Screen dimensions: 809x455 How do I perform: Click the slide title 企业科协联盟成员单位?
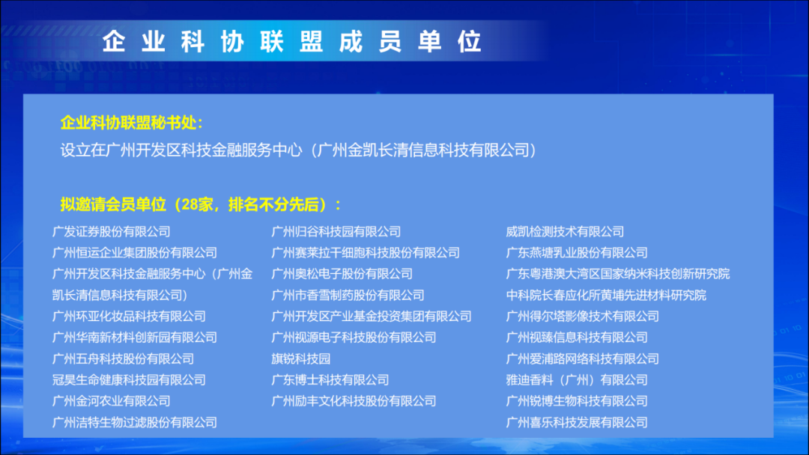tap(292, 41)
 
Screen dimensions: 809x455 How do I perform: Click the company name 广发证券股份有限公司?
tap(112, 232)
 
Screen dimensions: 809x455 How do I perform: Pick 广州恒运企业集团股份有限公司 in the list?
tap(135, 253)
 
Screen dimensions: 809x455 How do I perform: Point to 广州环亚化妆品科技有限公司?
tap(129, 317)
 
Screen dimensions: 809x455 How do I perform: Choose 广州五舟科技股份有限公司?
tap(124, 358)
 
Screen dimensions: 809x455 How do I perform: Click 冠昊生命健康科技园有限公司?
tap(129, 379)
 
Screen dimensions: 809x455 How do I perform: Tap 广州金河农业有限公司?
tap(112, 401)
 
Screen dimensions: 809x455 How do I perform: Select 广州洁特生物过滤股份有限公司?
tap(135, 423)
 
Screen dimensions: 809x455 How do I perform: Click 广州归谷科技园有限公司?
tap(336, 232)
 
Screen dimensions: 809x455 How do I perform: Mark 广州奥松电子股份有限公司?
tap(342, 274)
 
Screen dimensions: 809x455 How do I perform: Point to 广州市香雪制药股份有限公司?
tap(348, 296)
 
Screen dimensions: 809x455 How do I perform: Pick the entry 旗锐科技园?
tap(301, 358)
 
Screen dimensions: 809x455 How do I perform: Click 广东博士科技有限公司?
tap(330, 379)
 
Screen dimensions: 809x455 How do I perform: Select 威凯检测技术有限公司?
tap(565, 232)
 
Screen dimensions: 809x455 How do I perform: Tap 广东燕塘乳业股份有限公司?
tap(577, 253)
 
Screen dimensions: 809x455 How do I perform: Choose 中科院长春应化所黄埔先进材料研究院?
tap(606, 296)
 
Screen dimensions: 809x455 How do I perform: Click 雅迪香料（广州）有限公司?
tap(577, 379)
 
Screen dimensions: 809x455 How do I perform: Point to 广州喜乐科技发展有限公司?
tap(577, 423)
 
